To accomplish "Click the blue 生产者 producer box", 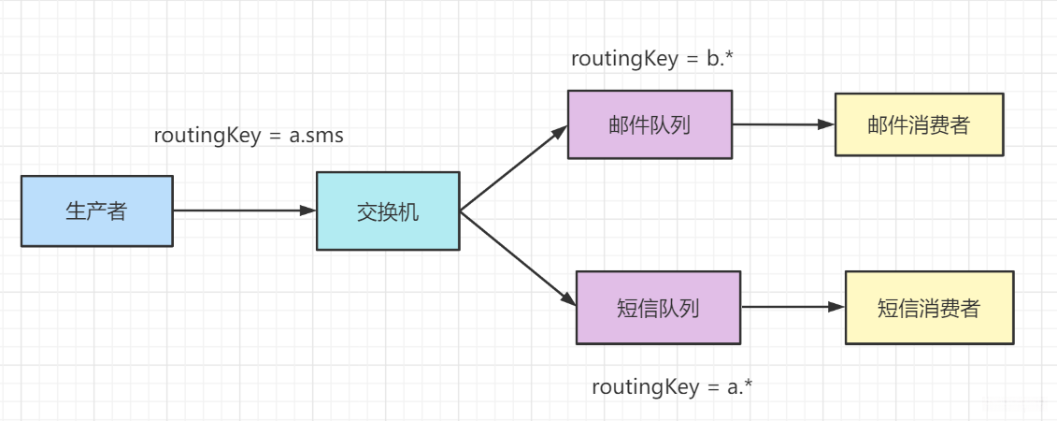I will [96, 210].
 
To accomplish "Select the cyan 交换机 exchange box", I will [388, 210].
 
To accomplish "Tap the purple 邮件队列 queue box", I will [650, 124].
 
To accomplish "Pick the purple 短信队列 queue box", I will [658, 307].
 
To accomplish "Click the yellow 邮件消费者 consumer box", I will [919, 124].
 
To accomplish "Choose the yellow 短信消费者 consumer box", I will [929, 308].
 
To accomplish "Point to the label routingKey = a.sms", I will [249, 136].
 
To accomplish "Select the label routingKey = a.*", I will [672, 386].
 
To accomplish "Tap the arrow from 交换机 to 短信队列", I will [516, 257].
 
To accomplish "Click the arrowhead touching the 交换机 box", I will [308, 210].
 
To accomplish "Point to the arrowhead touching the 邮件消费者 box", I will [825, 123].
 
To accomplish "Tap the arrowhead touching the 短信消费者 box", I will [836, 306].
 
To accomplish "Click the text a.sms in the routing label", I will [316, 136].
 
